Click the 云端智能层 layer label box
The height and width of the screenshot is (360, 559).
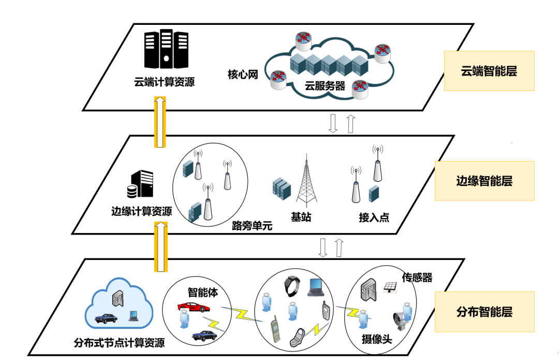click(489, 71)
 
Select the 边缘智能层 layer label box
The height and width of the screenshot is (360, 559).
click(484, 181)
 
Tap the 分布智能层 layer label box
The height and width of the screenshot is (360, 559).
click(484, 312)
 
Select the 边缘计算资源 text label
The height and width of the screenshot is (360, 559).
click(142, 211)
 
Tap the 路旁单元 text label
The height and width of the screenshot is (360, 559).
click(252, 226)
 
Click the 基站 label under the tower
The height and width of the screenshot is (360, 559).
click(301, 217)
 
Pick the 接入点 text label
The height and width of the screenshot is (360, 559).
click(374, 218)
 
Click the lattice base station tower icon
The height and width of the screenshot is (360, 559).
click(305, 179)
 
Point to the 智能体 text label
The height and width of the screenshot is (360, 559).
click(202, 293)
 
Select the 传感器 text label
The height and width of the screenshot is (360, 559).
click(417, 278)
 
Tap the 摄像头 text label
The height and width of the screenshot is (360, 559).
click(376, 339)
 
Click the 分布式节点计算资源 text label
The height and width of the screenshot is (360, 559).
click(120, 343)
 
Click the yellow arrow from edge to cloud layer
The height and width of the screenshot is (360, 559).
click(161, 122)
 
